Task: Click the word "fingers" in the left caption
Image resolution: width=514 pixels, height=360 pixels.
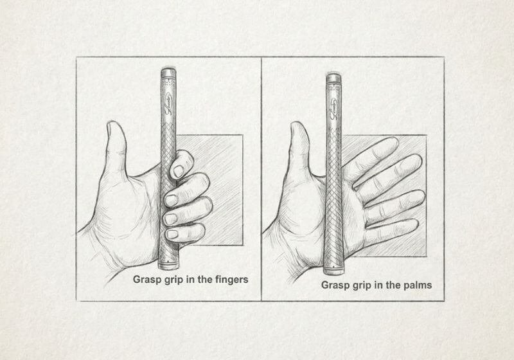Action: (231, 280)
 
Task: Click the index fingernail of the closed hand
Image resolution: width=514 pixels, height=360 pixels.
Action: (179, 171)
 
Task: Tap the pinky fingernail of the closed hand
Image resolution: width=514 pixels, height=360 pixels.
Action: (172, 234)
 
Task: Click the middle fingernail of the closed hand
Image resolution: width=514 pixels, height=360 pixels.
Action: (171, 201)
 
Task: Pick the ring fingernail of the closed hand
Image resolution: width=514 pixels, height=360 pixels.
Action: (170, 219)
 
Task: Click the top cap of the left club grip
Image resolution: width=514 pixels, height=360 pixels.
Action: (168, 73)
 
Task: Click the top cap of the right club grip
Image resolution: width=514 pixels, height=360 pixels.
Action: (333, 78)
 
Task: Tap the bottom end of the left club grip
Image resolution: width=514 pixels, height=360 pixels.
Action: (168, 265)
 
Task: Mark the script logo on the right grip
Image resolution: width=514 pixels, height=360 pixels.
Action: (334, 108)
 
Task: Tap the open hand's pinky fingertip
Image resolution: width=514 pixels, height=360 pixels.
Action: (414, 224)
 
